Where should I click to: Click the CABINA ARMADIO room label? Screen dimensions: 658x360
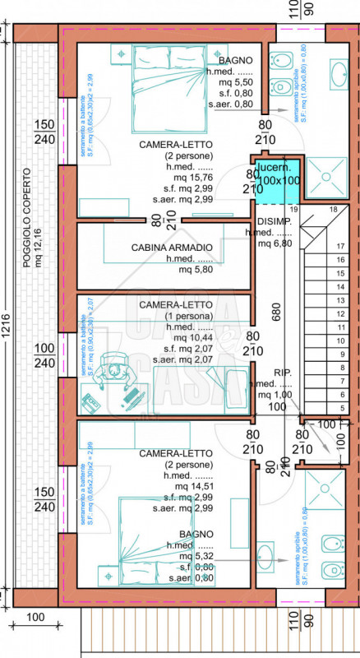(172, 247)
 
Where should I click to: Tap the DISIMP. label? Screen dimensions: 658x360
(274, 222)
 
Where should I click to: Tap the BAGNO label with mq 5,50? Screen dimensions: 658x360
(236, 61)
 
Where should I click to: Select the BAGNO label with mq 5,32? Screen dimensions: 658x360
(191, 534)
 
